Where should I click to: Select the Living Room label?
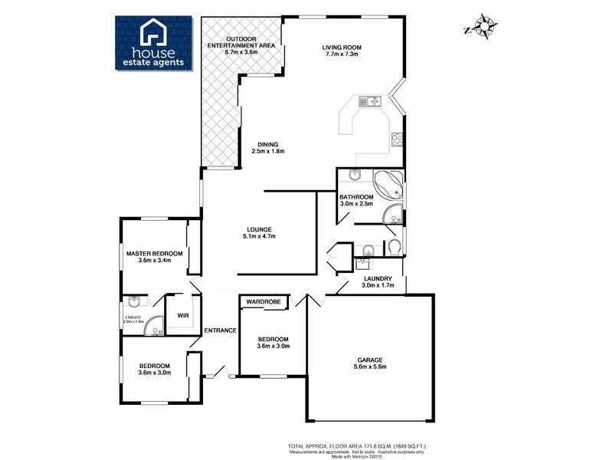click(x=342, y=51)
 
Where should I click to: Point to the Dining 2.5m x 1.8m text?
click(x=267, y=148)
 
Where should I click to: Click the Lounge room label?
click(x=260, y=232)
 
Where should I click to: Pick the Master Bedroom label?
click(x=154, y=257)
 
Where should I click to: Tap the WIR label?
click(x=183, y=315)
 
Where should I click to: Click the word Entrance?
click(x=220, y=330)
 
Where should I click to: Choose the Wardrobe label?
click(x=263, y=303)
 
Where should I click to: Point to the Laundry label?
click(x=378, y=281)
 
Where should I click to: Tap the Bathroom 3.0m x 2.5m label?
click(x=356, y=200)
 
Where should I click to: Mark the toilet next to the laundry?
click(x=394, y=246)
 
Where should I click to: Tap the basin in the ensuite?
click(x=135, y=302)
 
